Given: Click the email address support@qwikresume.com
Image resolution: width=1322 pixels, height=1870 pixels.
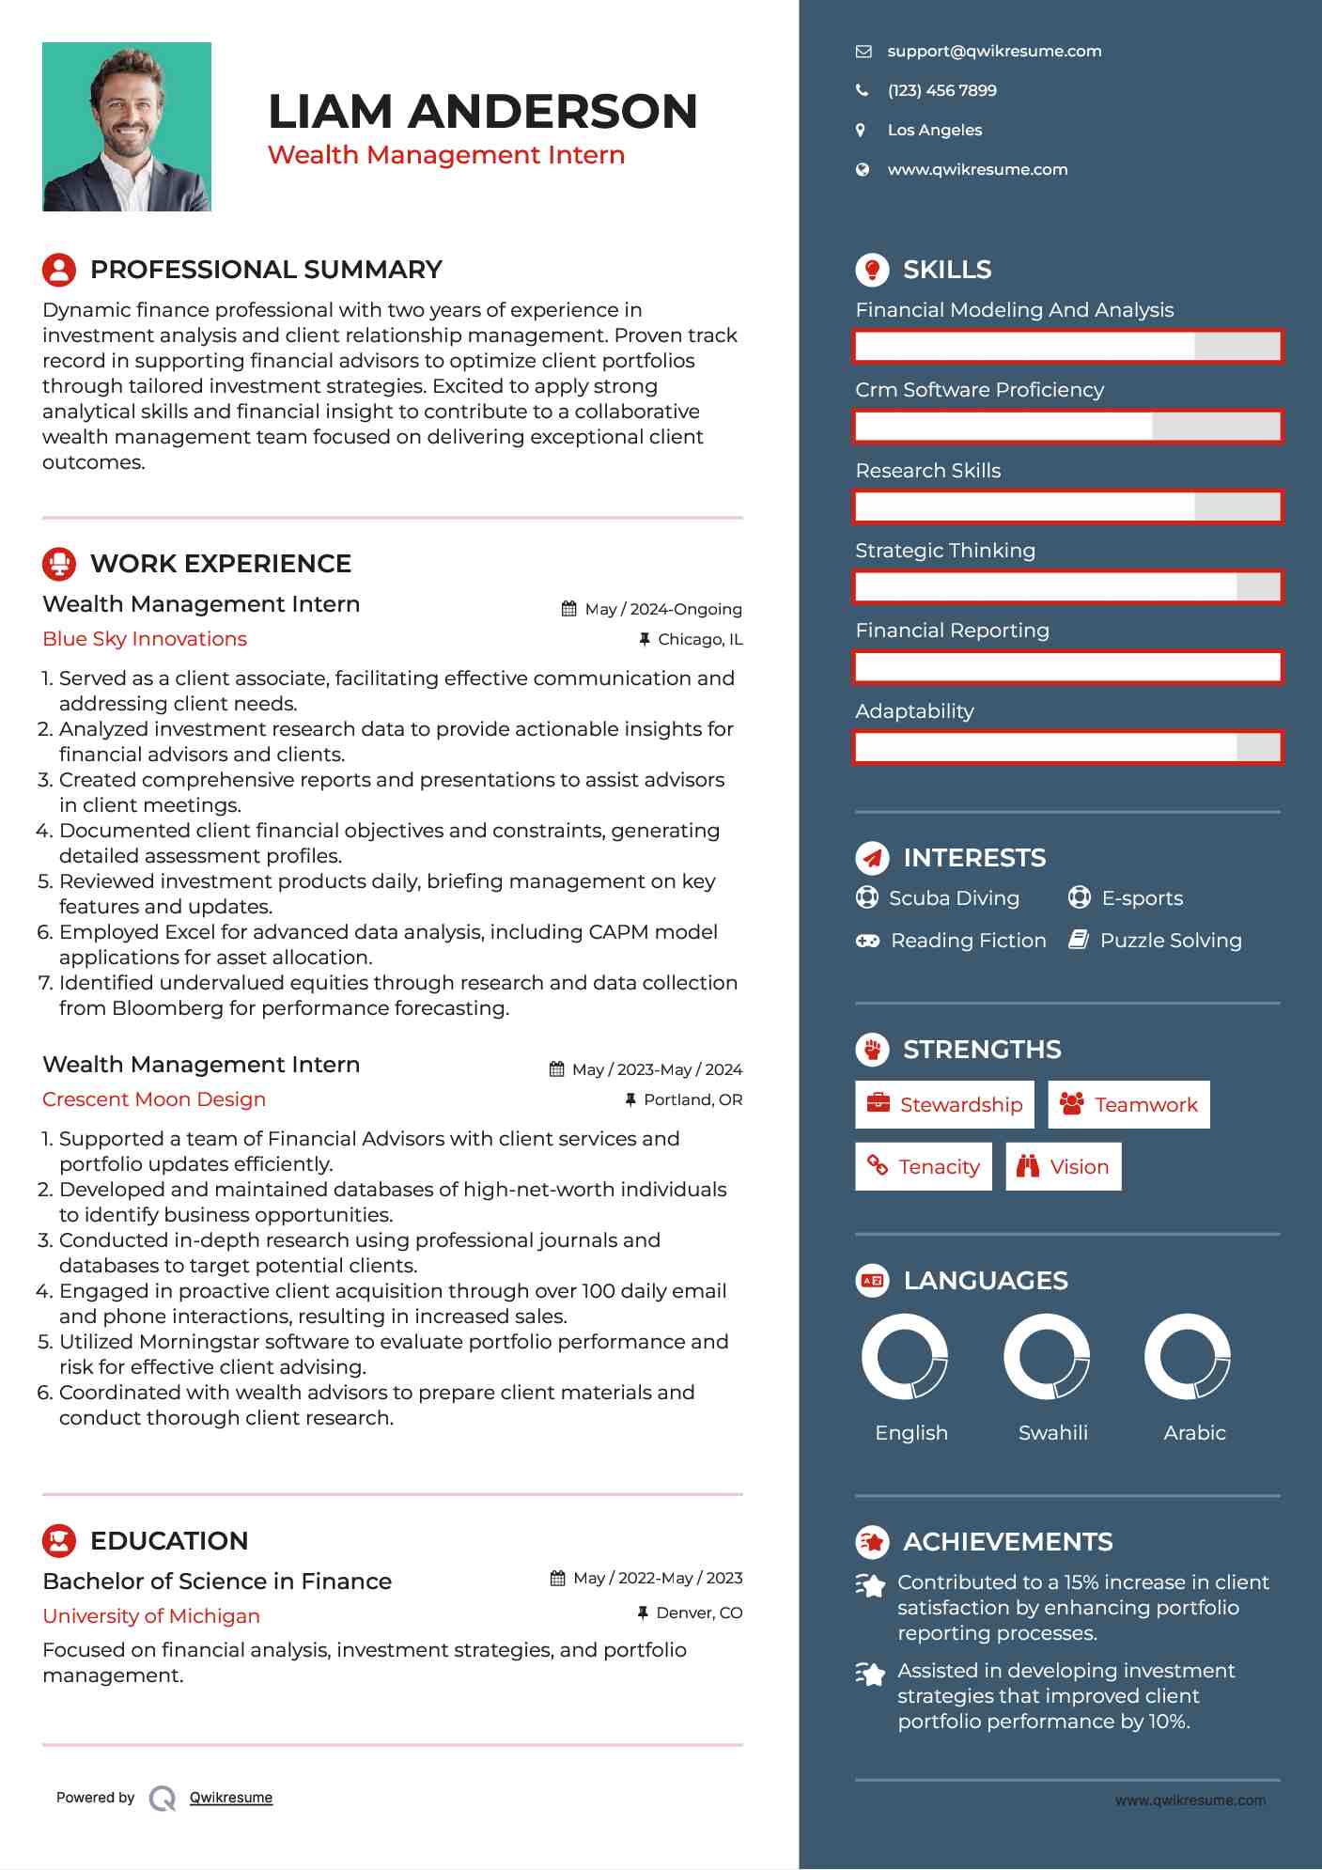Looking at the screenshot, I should click(x=993, y=52).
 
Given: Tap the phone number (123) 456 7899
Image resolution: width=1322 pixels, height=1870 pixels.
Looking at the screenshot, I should click(x=941, y=91).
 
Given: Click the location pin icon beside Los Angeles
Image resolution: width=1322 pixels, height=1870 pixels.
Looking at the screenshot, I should click(x=861, y=131).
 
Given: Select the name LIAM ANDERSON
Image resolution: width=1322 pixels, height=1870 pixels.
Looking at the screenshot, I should click(x=482, y=112).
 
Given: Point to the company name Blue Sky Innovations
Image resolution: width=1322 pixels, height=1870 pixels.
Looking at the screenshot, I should click(x=145, y=639).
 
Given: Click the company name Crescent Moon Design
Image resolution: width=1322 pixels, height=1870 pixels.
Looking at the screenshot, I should click(x=154, y=1099).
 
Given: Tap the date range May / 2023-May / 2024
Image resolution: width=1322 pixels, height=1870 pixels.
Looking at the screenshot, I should click(x=656, y=1070).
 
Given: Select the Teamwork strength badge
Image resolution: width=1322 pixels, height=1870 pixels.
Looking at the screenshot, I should click(x=1128, y=1105).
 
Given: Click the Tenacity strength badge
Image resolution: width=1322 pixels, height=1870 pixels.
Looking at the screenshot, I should click(x=923, y=1167).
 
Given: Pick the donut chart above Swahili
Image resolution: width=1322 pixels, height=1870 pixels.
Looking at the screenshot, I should click(x=1046, y=1357).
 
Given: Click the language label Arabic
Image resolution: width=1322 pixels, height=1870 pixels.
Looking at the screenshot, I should click(x=1194, y=1433).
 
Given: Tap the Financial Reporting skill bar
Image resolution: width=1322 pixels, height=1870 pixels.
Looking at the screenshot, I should click(x=1067, y=667).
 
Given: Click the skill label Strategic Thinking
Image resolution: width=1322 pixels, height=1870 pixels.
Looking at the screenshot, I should click(x=945, y=551).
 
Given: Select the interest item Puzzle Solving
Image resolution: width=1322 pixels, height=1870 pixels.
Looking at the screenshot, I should click(x=1170, y=941).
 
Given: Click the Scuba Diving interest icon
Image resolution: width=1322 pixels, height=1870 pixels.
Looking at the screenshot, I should click(x=866, y=897).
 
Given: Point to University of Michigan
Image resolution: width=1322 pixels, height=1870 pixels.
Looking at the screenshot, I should click(x=151, y=1616).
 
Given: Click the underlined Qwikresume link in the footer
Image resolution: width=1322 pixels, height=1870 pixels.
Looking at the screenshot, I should click(x=231, y=1798).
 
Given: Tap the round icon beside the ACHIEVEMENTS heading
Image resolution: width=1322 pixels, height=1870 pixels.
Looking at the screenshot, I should click(x=872, y=1542).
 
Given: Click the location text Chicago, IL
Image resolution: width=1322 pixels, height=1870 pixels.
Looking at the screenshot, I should click(x=700, y=640).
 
